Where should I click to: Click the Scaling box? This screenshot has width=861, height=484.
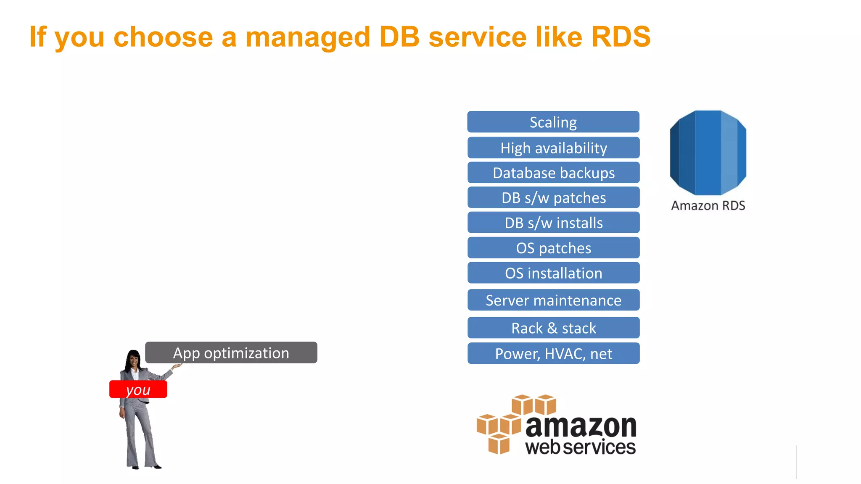click(553, 122)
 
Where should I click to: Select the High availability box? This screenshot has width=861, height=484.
click(553, 148)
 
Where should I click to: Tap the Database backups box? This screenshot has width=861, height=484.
click(553, 173)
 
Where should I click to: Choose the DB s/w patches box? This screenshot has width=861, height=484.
click(553, 197)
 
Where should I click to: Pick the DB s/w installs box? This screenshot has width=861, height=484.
click(553, 223)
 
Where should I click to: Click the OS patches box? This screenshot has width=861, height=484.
click(553, 248)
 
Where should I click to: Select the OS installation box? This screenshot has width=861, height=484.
click(553, 273)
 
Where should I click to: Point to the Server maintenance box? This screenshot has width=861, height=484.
click(553, 300)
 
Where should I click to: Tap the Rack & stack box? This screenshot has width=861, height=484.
click(553, 328)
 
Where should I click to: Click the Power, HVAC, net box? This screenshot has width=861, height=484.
click(553, 353)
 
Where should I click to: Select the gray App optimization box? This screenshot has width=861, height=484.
click(231, 352)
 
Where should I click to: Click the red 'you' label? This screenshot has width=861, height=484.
click(138, 389)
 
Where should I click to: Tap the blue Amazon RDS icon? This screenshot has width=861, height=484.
click(708, 153)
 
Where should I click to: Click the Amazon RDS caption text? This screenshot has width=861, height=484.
click(708, 205)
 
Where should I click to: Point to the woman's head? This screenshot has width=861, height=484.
click(134, 359)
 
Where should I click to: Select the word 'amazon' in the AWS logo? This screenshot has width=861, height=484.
click(581, 426)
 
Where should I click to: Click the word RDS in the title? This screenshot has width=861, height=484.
click(621, 37)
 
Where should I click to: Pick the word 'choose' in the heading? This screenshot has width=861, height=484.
click(163, 37)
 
